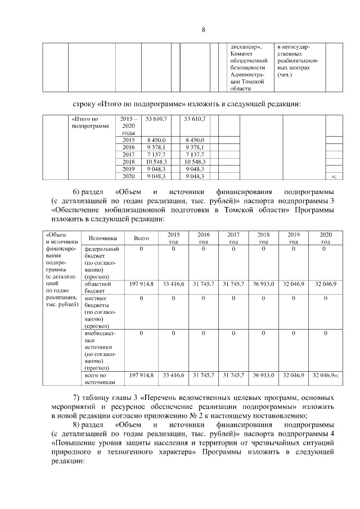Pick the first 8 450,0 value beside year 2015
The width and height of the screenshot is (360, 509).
[155, 139]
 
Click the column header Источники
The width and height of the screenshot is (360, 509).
[102, 238]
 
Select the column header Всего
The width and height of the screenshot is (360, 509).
[141, 238]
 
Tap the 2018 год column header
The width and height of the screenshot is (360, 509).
[263, 238]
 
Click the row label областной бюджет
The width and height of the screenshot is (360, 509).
[98, 288]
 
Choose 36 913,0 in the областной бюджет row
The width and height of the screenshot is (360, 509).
[263, 285]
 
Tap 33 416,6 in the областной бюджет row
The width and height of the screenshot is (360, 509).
[173, 285]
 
